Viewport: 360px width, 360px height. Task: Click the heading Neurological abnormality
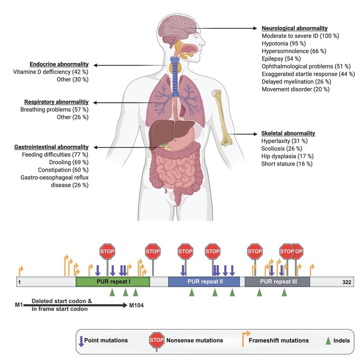pyautogui.click(x=295, y=28)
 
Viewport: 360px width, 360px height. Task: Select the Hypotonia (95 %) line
pyautogui.click(x=283, y=43)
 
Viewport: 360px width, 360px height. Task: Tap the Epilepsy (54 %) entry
pyautogui.click(x=281, y=59)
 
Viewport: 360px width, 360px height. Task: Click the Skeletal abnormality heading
pyautogui.click(x=288, y=133)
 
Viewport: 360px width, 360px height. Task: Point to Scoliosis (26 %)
pyautogui.click(x=282, y=149)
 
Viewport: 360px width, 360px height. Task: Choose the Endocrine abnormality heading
pyautogui.click(x=59, y=64)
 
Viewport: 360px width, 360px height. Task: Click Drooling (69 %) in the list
pyautogui.click(x=69, y=162)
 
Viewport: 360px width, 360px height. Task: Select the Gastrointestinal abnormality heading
pyautogui.click(x=51, y=147)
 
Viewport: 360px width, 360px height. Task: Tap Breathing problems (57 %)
pyautogui.click(x=54, y=110)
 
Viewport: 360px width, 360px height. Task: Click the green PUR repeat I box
pyautogui.click(x=113, y=282)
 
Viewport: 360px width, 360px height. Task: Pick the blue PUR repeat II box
pyautogui.click(x=204, y=282)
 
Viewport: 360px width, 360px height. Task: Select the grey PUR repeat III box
pyautogui.click(x=277, y=282)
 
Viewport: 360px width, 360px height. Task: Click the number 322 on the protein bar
pyautogui.click(x=346, y=282)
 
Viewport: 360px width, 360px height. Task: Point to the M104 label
pyautogui.click(x=136, y=305)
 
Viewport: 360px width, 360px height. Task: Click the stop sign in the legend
pyautogui.click(x=157, y=340)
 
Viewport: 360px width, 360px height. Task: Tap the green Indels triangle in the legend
pyautogui.click(x=328, y=341)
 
